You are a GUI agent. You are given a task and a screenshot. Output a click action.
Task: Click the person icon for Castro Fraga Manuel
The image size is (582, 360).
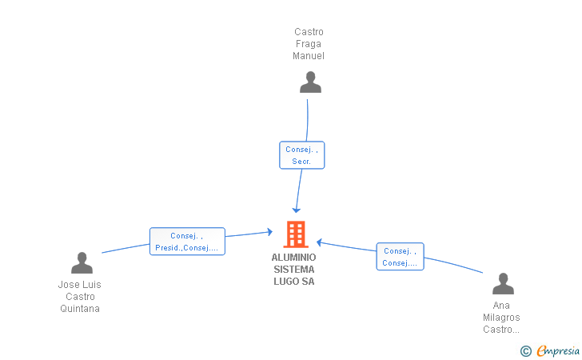[310, 82]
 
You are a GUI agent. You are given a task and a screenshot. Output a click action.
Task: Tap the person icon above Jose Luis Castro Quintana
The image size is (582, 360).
[82, 263]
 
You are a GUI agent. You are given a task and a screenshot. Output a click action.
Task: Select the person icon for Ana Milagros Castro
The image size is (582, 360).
[503, 284]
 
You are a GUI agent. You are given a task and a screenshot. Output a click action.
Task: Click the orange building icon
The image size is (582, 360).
[296, 234]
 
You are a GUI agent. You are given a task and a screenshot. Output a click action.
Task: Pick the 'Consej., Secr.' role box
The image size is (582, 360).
[301, 155]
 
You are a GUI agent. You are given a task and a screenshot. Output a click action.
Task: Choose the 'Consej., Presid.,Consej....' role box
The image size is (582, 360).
[187, 242]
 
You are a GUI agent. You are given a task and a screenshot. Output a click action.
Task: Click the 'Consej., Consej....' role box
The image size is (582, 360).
[400, 257]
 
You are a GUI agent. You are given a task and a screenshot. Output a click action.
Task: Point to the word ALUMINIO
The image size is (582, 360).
[293, 258]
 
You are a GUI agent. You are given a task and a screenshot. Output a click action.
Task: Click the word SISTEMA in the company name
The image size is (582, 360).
[293, 270]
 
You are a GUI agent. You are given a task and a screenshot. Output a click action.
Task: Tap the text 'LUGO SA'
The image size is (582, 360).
[293, 282]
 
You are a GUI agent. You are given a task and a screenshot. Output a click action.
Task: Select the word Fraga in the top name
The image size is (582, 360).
[309, 44]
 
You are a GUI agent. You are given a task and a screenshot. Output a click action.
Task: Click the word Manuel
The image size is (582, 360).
[309, 56]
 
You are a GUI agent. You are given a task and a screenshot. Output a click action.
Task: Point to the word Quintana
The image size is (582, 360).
[80, 309]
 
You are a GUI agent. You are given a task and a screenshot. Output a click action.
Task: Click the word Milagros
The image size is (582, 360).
[501, 318]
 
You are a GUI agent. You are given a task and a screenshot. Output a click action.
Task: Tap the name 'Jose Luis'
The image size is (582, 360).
[80, 285]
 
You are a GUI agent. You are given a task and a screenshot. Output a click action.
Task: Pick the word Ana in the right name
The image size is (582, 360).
[501, 306]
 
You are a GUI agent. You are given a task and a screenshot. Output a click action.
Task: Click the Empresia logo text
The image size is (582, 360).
[558, 350]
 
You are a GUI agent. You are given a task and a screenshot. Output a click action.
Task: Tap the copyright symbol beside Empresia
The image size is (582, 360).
[525, 351]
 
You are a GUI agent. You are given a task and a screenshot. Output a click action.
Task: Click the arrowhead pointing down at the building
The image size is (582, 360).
[297, 208]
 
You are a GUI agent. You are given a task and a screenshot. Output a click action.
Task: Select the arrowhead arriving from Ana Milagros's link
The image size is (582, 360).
[319, 242]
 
